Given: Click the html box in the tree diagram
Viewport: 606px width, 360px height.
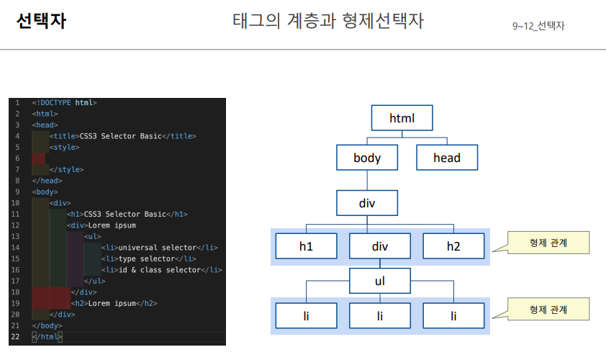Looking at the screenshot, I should tap(402, 118).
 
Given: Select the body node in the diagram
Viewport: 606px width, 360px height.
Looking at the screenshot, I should tap(366, 158).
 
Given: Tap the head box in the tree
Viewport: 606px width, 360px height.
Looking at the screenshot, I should tap(446, 158).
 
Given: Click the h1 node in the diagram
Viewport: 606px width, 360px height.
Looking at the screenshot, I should tap(306, 247).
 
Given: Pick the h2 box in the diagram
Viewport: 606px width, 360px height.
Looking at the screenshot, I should tap(453, 247).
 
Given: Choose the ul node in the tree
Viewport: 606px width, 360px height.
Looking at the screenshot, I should tap(379, 281).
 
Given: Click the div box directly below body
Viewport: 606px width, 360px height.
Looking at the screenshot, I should tap(366, 202).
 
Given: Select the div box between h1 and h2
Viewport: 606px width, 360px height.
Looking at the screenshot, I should tap(379, 247).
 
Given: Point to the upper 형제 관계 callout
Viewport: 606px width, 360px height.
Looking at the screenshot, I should tap(548, 243).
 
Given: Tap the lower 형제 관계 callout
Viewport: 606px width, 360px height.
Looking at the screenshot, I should tap(548, 310).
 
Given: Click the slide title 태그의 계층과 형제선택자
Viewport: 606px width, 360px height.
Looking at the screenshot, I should tap(328, 22).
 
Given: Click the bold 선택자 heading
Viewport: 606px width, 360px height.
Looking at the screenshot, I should tap(41, 22).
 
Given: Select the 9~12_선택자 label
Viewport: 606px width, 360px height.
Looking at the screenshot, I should tap(538, 26).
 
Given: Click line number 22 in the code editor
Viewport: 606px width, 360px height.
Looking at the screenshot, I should tap(17, 336).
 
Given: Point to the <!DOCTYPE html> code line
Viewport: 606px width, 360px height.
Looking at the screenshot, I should tap(64, 103).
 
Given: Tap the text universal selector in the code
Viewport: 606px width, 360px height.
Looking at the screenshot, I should tap(157, 248).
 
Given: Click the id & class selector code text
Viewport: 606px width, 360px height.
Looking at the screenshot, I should tap(158, 270).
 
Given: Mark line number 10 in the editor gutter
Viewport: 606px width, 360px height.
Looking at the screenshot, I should tap(17, 203).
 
